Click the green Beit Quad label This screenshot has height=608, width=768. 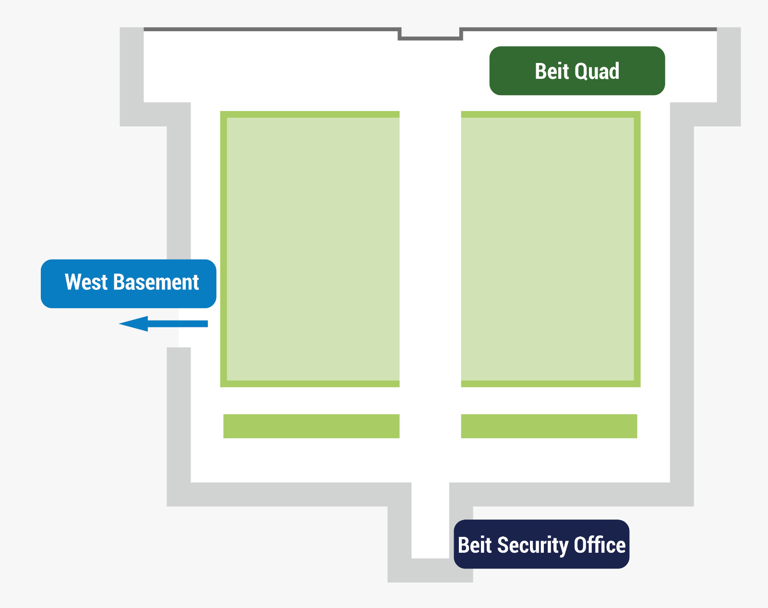click(x=577, y=71)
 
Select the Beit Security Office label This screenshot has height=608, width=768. click(x=541, y=544)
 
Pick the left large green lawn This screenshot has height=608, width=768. click(x=310, y=249)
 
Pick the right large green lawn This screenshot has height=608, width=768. click(x=550, y=249)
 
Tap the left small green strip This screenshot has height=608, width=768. click(x=311, y=426)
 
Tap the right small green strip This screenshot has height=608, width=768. click(x=549, y=426)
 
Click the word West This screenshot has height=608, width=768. click(x=86, y=282)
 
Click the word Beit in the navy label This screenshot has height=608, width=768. click(x=475, y=545)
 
